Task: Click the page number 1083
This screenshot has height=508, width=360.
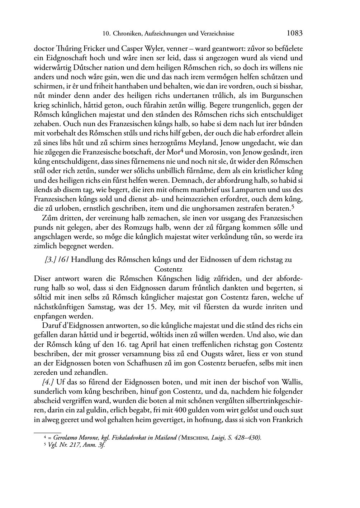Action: click(x=295, y=33)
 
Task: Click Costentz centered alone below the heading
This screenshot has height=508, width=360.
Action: click(x=168, y=269)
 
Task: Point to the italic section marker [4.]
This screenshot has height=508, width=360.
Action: click(x=48, y=382)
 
